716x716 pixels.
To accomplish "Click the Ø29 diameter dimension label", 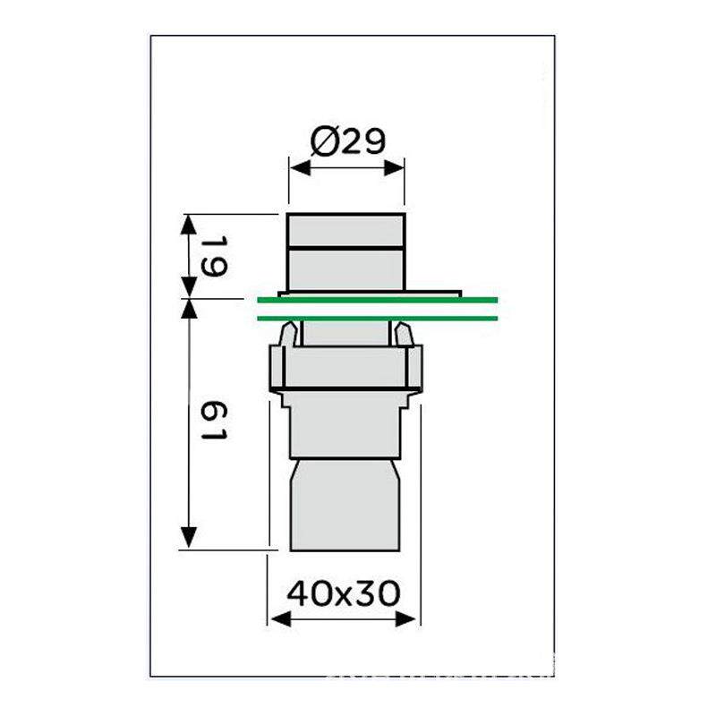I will click(x=346, y=141).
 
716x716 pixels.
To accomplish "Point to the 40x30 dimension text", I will click(x=343, y=592).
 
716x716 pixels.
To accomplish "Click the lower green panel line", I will click(x=376, y=318).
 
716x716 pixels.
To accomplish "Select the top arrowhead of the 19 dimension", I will click(x=189, y=222).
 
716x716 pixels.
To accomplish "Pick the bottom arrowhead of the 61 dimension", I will click(x=189, y=540).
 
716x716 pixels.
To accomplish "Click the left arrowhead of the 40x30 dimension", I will click(x=276, y=618).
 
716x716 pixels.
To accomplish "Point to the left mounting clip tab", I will click(x=287, y=336).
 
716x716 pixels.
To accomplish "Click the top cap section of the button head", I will click(x=345, y=230).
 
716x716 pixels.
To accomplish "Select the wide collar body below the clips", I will click(x=345, y=367).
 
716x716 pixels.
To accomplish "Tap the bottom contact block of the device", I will click(x=345, y=506).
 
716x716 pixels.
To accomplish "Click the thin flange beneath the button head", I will click(x=370, y=292).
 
